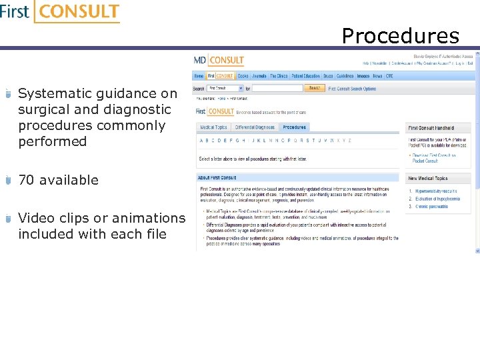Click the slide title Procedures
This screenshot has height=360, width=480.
click(400, 35)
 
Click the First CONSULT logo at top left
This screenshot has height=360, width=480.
click(60, 12)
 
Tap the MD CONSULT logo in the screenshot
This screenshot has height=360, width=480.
click(219, 61)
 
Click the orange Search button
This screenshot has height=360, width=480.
click(315, 88)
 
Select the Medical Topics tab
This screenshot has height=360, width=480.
click(213, 127)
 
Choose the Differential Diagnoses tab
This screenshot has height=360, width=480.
click(255, 127)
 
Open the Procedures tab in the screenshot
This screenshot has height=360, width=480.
click(294, 127)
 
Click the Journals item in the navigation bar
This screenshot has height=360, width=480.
click(259, 76)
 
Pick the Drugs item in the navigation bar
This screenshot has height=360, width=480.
click(328, 76)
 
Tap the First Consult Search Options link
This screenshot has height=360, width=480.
click(351, 88)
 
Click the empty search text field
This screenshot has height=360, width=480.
click(277, 88)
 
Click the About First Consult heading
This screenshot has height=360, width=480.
click(217, 178)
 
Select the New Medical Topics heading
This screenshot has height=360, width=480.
click(428, 179)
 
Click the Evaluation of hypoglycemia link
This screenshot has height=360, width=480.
click(438, 199)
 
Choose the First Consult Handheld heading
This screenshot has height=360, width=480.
click(431, 127)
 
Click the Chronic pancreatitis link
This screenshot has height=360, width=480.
click(433, 207)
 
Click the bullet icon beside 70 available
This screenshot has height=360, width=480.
click(8, 181)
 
